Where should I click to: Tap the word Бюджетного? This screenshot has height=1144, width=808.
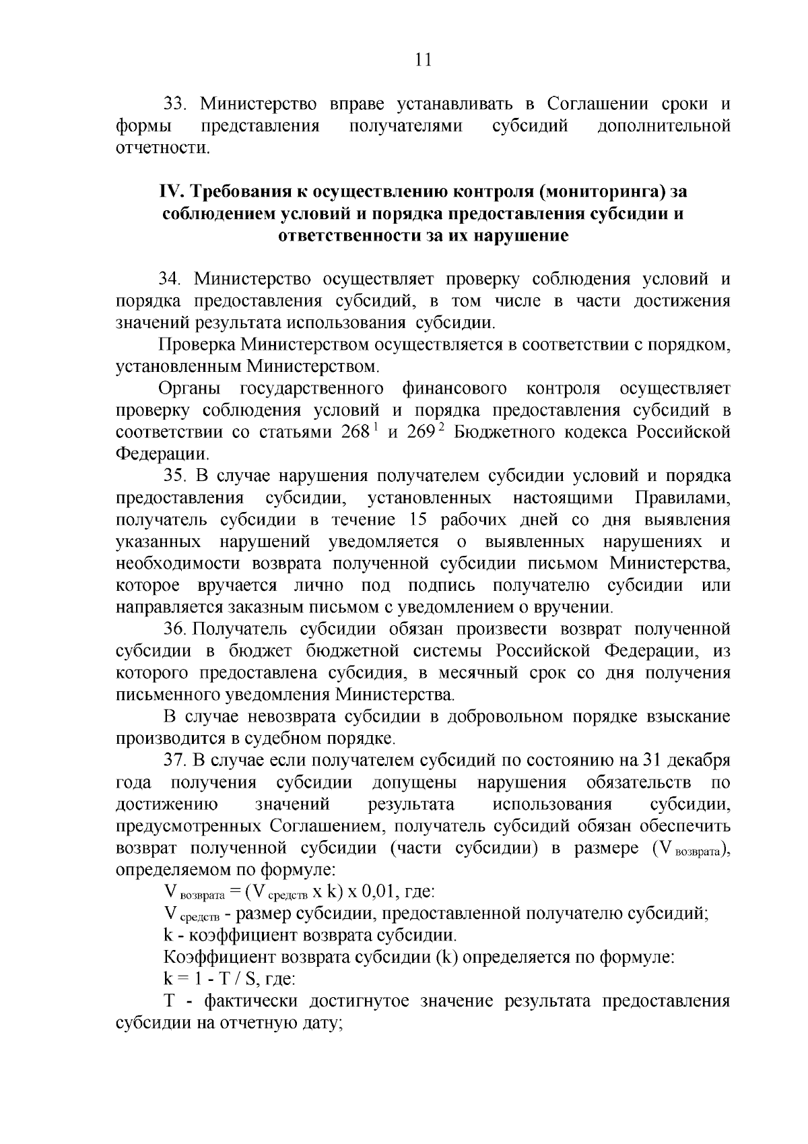(x=508, y=433)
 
